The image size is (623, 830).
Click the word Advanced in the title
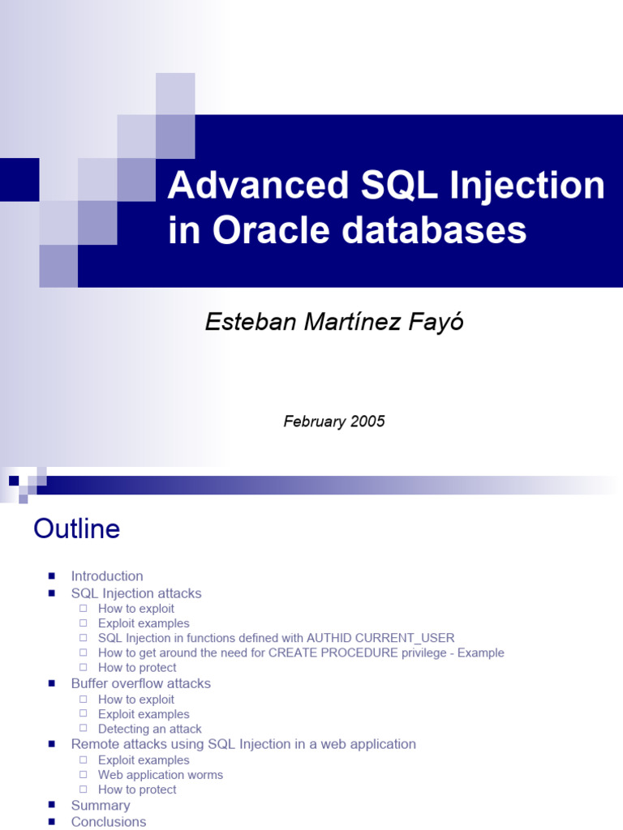point(258,185)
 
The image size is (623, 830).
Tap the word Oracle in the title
point(272,230)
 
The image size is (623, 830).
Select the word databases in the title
point(434,230)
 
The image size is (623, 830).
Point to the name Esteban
point(251,322)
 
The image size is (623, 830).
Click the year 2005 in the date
point(367,421)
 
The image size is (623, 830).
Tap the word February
point(315,421)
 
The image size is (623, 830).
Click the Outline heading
point(77,528)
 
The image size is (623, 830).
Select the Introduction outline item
point(107,576)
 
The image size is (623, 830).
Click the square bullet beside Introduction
point(51,576)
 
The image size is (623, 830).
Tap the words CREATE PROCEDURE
point(333,652)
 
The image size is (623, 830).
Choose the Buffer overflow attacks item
point(141,683)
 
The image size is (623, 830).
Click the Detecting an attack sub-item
point(150,729)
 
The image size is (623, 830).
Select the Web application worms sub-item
point(161,775)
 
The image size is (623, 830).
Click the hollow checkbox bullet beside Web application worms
point(84,774)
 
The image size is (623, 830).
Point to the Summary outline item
point(101,806)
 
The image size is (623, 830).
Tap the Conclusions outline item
point(109,822)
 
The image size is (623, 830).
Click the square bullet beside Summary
point(51,805)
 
